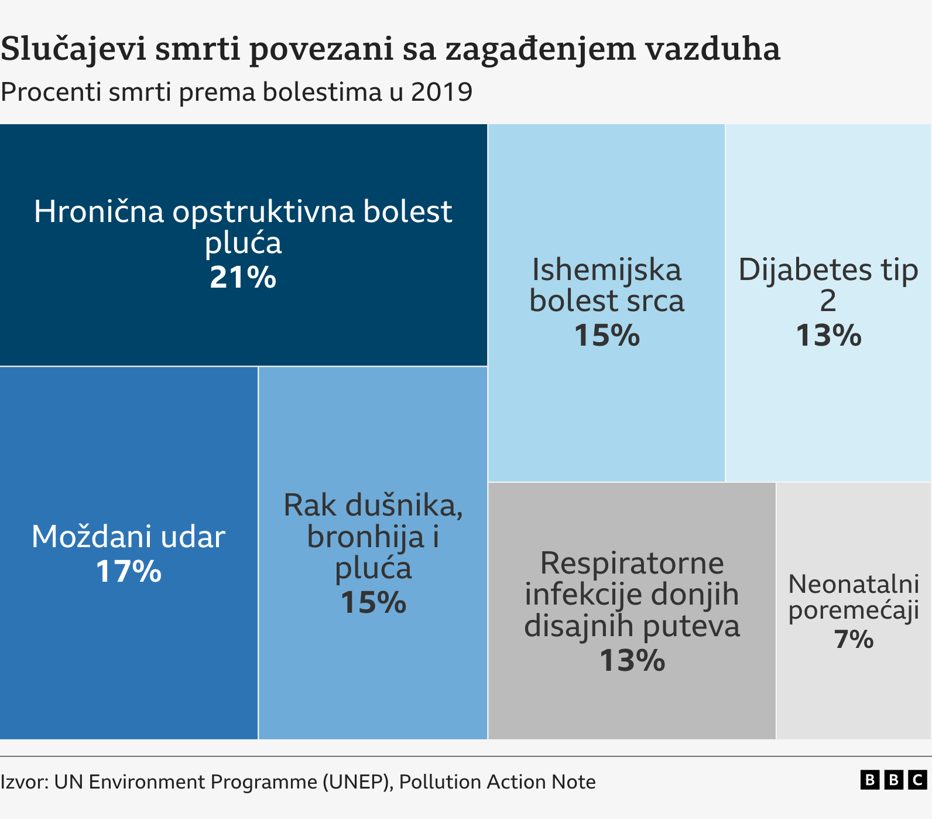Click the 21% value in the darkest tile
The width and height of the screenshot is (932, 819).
point(243,277)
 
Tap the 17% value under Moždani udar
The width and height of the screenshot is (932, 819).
point(128,571)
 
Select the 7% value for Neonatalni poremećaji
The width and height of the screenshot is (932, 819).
point(854,639)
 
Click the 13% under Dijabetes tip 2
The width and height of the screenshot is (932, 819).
point(828,336)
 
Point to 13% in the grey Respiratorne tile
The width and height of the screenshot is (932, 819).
point(632,661)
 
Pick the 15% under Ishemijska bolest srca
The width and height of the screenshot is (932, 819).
point(607,336)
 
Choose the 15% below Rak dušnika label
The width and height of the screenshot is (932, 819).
point(373,602)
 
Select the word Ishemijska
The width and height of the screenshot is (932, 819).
point(607,270)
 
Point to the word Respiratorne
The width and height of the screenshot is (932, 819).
point(632,564)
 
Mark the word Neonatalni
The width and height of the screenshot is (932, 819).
point(854,584)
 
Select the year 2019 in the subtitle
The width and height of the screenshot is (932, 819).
point(441,93)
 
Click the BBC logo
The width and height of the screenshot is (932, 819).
point(893,780)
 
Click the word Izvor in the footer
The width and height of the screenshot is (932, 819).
point(23,782)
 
